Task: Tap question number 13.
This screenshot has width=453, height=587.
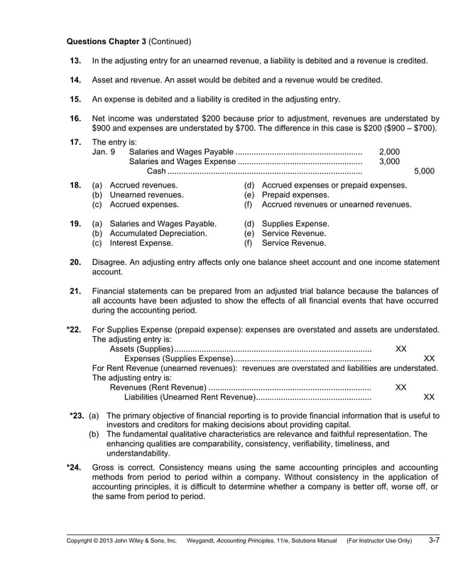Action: (x=75, y=61)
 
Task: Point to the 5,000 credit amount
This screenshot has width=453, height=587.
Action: (x=424, y=171)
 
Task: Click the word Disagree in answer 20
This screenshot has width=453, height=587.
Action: (x=109, y=262)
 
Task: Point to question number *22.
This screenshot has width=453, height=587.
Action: (x=73, y=330)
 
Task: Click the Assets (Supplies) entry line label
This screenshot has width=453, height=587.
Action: (x=141, y=349)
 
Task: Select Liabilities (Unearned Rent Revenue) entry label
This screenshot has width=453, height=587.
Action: (x=185, y=397)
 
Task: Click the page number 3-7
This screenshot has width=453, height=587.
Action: (x=433, y=541)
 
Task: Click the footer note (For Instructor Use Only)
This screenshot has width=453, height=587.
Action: (x=378, y=542)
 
